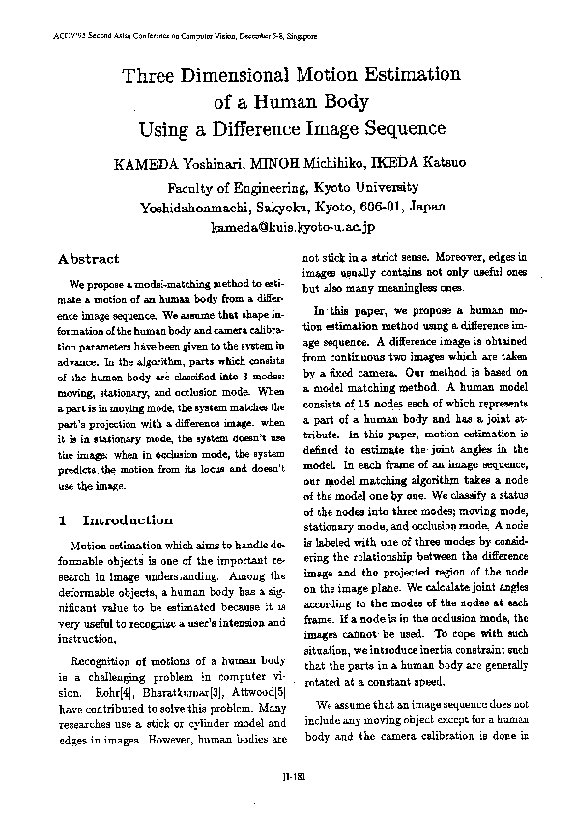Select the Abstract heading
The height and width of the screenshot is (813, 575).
tap(89, 259)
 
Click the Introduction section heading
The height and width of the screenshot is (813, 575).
tap(128, 520)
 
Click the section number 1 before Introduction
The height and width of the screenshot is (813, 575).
tap(63, 520)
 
